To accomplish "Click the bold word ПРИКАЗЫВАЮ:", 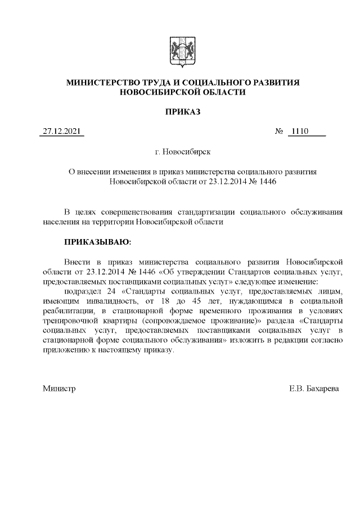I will tap(97, 242).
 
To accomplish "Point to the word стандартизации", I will tap(206, 212).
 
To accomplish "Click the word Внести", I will tap(76, 262).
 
